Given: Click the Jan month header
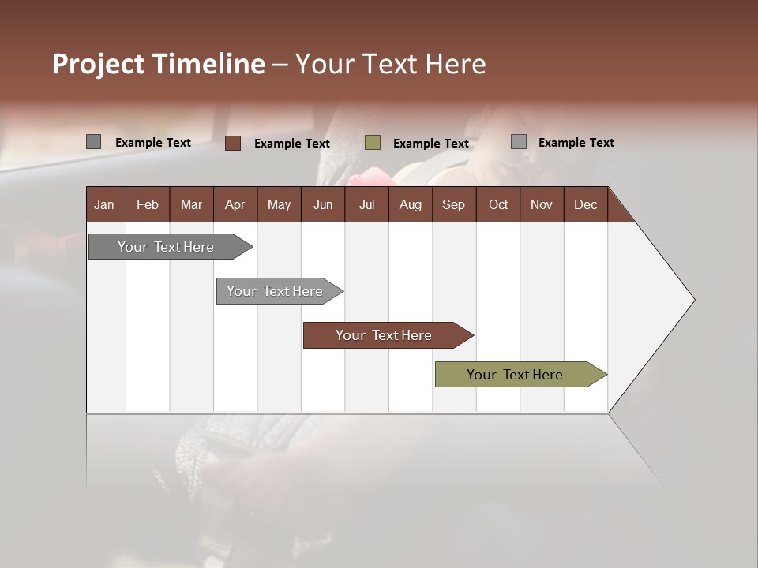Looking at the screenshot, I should click(x=104, y=205).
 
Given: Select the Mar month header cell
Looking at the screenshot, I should click(x=191, y=205).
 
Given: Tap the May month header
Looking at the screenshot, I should click(x=279, y=205).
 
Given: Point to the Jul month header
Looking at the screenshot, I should click(x=366, y=205).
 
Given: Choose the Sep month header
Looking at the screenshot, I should click(x=453, y=205).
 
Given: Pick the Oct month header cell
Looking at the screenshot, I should click(x=498, y=205).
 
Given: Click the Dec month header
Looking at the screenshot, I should click(x=585, y=205).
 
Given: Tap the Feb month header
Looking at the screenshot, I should click(x=148, y=205).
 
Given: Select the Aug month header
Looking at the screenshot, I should click(x=410, y=205).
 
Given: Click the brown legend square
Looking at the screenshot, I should click(x=232, y=143).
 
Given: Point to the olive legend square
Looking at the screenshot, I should click(x=373, y=143).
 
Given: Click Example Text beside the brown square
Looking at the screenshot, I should click(x=292, y=144).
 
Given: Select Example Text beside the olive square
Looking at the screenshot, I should click(x=431, y=144).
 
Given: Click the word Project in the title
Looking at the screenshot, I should click(x=99, y=64).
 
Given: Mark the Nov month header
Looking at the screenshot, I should click(x=541, y=205).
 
